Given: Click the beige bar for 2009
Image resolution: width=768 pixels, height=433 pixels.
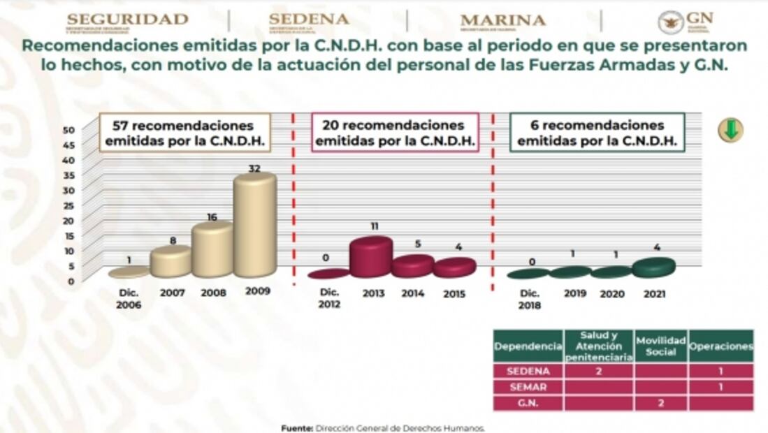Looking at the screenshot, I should pos(254,225).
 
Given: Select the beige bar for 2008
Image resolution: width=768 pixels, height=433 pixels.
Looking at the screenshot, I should pos(212,249).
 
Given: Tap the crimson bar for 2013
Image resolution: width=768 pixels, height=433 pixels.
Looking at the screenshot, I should pos(370,257).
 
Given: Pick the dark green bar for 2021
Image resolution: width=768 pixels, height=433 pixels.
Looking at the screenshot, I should pos(654,267).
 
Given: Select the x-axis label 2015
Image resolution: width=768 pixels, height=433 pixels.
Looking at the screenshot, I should pos(454,294).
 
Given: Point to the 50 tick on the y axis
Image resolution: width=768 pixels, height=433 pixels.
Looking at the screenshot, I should pos(68,130).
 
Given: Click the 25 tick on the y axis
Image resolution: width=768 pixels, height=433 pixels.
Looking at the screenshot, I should pos(68,205).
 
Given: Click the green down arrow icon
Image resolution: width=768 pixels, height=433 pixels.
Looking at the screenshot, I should pos(730,130).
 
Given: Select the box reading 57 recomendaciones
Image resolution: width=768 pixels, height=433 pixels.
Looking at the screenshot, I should pos(184,133).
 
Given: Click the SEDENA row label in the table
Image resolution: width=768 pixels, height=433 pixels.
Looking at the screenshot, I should pos(528,372).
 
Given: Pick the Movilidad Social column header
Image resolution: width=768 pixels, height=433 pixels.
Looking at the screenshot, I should pos(660,346).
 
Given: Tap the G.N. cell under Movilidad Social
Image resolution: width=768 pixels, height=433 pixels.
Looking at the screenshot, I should pos(660,403).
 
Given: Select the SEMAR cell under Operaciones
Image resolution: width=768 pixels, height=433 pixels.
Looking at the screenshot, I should pos(720,387).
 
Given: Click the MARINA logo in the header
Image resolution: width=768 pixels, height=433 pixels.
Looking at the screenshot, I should pos(503,22).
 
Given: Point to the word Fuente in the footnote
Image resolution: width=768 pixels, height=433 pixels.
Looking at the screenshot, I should pos(296,428).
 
